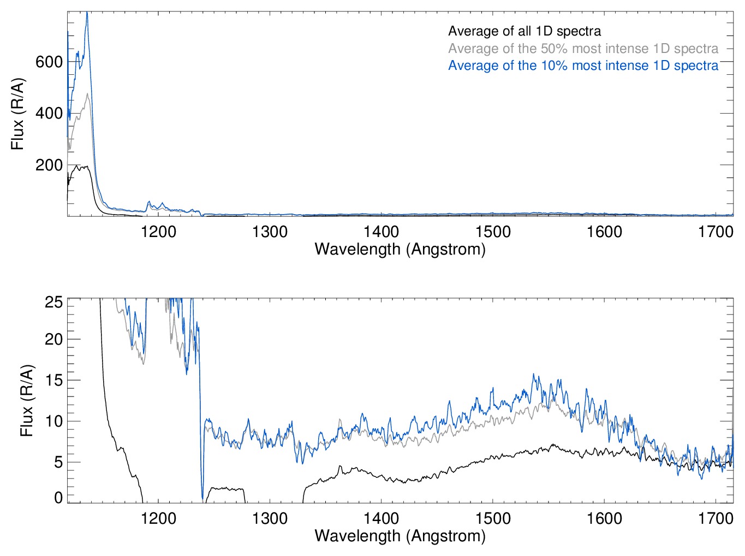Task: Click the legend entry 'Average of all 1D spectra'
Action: tap(525, 31)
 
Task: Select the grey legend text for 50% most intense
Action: tap(583, 49)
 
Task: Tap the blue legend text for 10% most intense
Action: tap(583, 66)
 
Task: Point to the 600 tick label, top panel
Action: tap(49, 62)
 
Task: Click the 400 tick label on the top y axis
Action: tap(49, 113)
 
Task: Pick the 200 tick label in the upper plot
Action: tap(49, 165)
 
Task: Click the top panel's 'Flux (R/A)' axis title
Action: tap(17, 114)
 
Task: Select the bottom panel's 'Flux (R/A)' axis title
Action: tap(26, 400)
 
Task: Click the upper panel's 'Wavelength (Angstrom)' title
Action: tap(400, 249)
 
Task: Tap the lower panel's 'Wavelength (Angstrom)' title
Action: tap(400, 536)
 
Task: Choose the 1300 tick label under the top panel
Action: tap(270, 232)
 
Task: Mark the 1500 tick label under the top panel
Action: tap(493, 232)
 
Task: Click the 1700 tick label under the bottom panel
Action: tap(716, 518)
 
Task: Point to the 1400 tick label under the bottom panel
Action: tap(382, 518)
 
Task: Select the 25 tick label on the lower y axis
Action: tap(53, 302)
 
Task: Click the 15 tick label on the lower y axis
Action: tap(53, 380)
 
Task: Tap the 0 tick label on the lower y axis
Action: tap(58, 497)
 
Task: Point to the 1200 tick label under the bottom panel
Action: tap(158, 518)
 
